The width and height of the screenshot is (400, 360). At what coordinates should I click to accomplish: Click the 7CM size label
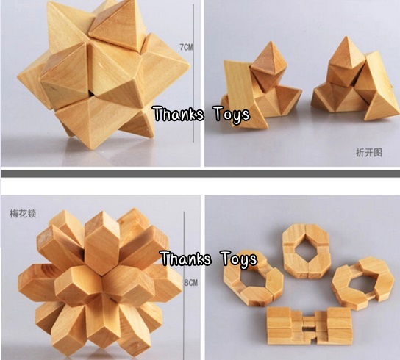click(x=186, y=48)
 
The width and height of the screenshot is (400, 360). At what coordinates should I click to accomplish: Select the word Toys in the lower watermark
click(x=237, y=259)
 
